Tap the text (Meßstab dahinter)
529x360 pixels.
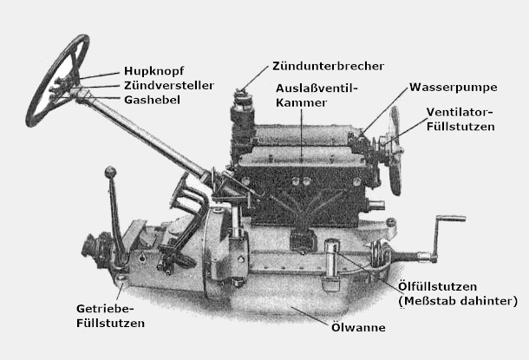(458, 301)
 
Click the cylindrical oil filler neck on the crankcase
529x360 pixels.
(330, 259)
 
